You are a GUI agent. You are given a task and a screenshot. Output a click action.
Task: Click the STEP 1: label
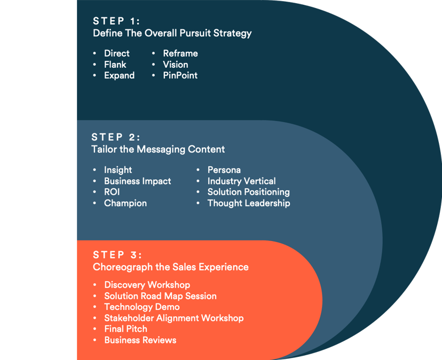click(116, 21)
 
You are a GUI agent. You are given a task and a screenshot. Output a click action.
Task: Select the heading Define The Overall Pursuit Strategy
click(172, 33)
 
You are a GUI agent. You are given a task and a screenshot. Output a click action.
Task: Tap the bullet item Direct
click(116, 53)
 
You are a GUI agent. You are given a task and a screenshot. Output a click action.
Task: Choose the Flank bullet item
click(115, 65)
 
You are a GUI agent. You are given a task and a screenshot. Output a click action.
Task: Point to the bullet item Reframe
click(180, 53)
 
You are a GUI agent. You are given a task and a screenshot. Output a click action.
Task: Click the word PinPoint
click(180, 76)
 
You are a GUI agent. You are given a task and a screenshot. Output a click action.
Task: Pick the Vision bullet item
click(175, 65)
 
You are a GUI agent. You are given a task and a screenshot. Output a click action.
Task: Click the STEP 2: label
click(116, 137)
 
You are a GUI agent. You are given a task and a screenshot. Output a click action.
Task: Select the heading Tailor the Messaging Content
click(158, 149)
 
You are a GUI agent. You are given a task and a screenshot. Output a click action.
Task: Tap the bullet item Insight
click(117, 170)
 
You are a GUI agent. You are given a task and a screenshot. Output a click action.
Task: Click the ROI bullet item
click(112, 192)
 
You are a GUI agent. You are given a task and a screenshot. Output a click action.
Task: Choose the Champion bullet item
click(125, 203)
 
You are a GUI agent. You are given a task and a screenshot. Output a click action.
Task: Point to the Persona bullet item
click(224, 170)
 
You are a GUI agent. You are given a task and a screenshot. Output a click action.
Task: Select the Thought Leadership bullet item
click(248, 203)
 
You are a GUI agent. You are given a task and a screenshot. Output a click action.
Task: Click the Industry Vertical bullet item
click(241, 181)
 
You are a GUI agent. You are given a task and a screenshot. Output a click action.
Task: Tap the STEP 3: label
click(117, 254)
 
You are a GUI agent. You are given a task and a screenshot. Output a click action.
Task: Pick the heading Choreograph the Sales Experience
click(170, 267)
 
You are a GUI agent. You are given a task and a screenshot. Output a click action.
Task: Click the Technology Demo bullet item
click(141, 307)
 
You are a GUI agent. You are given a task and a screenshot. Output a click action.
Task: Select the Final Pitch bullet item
click(125, 329)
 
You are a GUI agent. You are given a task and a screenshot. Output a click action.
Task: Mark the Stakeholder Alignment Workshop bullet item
click(173, 318)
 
